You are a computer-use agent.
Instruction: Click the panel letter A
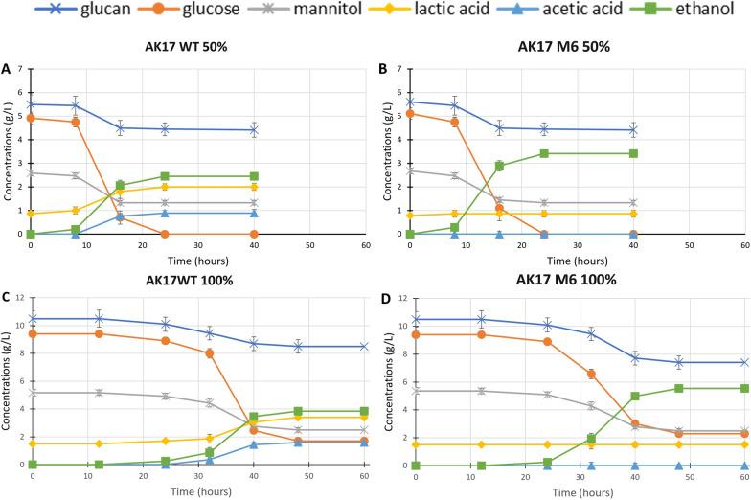coord(7,69)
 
